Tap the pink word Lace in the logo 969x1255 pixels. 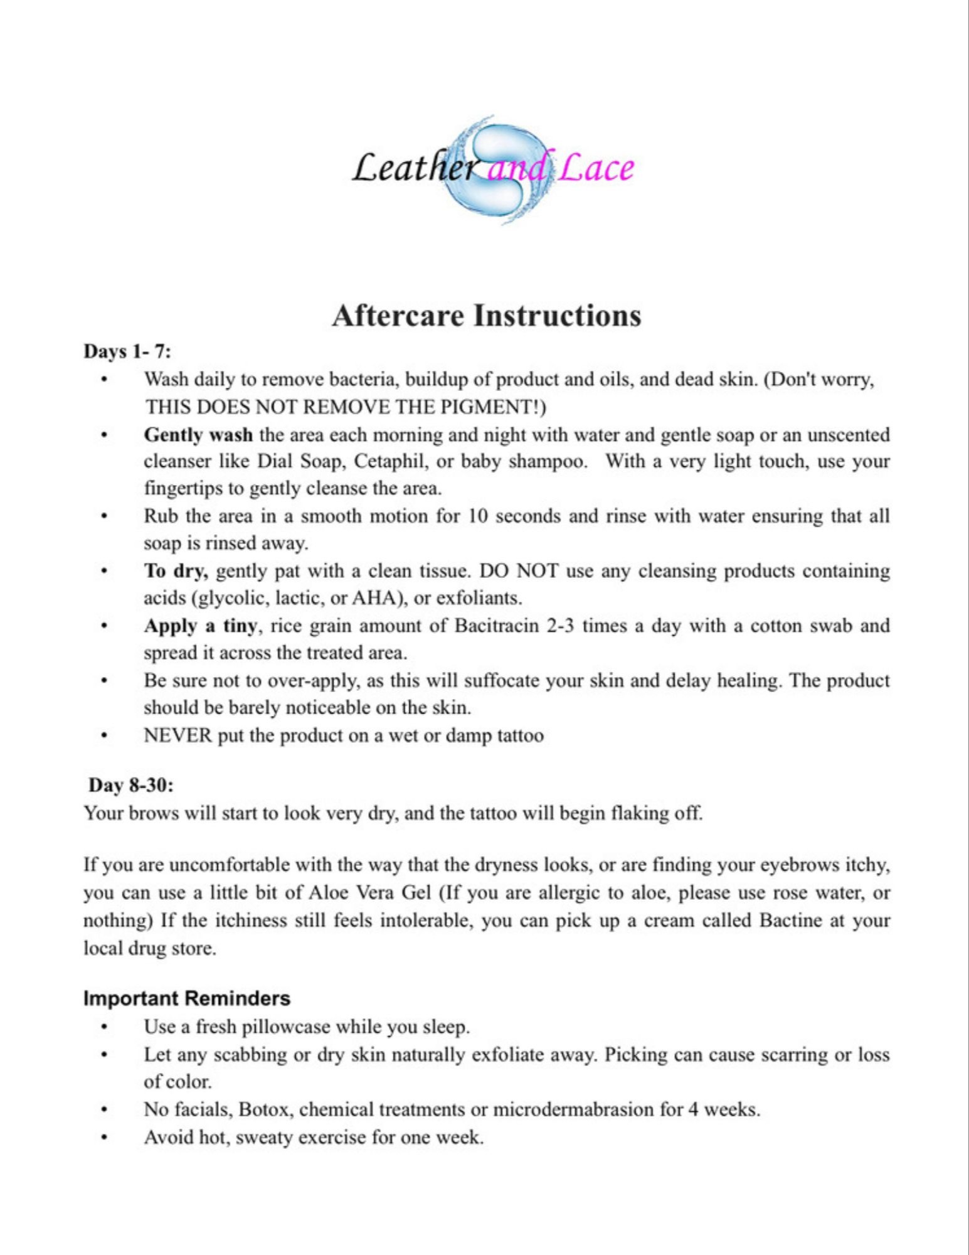pyautogui.click(x=595, y=168)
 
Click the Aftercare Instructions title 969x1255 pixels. pyautogui.click(x=486, y=315)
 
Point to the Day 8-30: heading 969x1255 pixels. pyautogui.click(x=130, y=785)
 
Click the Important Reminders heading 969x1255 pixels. pyautogui.click(x=187, y=998)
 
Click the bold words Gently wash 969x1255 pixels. pyautogui.click(x=198, y=435)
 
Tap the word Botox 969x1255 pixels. pyautogui.click(x=265, y=1109)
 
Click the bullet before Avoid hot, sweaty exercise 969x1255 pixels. pyautogui.click(x=104, y=1137)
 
